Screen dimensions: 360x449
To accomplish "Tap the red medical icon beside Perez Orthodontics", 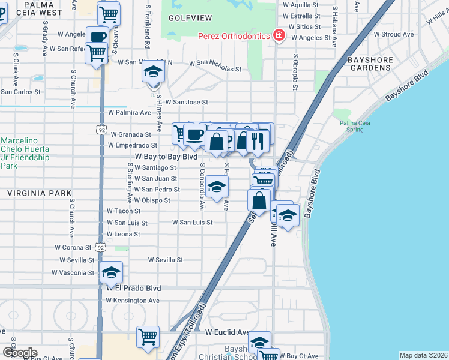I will pos(279,36).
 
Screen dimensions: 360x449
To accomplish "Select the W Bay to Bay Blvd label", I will pos(158,156).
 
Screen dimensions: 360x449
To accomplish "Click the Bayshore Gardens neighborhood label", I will pos(370,64).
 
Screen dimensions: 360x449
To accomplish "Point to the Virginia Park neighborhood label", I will pos(31,193).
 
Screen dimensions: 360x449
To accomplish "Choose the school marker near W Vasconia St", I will pos(111,274).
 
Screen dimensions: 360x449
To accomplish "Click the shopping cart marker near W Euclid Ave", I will pos(148,337).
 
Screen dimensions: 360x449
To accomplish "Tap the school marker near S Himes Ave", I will pos(154,73).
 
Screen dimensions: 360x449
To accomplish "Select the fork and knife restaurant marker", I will pos(257,142).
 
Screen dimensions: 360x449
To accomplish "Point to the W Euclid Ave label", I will pos(227,332).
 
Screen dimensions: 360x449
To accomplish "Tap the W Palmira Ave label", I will pos(130,112).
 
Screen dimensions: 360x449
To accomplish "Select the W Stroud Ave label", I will pos(397,34).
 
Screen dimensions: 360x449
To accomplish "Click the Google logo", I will pos(19,353).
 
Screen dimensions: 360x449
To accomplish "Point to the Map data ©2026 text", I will pos(423,355).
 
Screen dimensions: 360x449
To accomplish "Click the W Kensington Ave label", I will pos(134,300).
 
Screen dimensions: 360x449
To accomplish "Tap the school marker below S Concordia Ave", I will pos(217,187).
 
